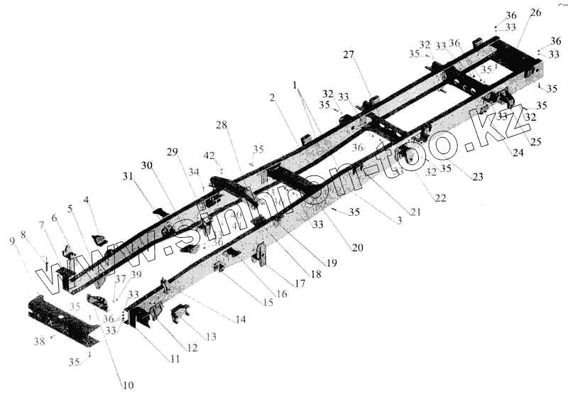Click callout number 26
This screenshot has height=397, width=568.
(535, 12)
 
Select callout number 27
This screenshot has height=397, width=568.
(349, 55)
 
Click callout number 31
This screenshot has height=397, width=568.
(127, 176)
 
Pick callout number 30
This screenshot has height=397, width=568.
(146, 165)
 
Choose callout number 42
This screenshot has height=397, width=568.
(209, 155)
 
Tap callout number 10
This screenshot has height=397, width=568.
(128, 386)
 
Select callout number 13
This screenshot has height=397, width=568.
(210, 337)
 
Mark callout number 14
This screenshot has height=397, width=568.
(241, 320)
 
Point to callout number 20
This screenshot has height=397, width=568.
(356, 247)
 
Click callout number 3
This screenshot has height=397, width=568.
(399, 222)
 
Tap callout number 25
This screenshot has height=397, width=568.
(535, 142)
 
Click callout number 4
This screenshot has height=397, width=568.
(87, 201)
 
